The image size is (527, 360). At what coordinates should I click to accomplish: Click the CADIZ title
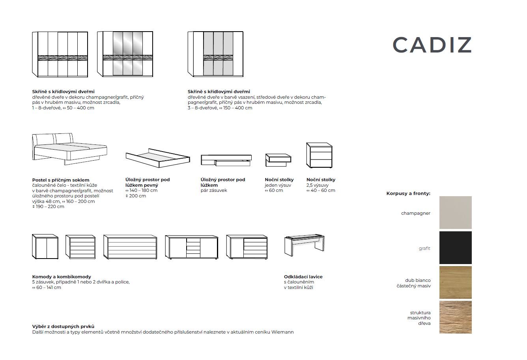coord(432,45)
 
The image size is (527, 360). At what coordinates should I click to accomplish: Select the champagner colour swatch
coord(456,212)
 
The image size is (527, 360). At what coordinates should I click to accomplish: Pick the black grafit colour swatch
coord(456,247)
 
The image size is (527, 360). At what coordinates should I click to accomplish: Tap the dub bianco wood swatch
coord(456,283)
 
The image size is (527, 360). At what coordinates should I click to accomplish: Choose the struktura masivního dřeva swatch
coord(456,317)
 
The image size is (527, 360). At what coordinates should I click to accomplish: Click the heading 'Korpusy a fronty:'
coord(408,193)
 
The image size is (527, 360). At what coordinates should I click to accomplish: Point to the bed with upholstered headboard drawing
coord(70,149)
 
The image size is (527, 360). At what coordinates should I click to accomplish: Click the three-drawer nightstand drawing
coord(319,155)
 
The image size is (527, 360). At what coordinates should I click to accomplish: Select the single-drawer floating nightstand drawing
coord(278,160)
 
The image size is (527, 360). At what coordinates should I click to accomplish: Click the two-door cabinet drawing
coord(45,247)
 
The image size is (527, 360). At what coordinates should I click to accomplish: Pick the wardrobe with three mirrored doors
coord(125,54)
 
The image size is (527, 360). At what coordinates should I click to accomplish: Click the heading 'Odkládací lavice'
coord(303,277)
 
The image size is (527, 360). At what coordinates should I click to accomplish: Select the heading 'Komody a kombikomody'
coord(62,277)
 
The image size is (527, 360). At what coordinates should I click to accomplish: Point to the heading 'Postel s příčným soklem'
coord(61,180)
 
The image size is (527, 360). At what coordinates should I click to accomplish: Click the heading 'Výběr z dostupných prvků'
coord(63,326)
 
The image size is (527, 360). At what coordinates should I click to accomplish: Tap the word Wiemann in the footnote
coord(282,332)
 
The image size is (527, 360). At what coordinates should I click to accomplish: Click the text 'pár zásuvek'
coord(214,191)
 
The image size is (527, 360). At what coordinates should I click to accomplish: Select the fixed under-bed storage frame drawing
coord(158,158)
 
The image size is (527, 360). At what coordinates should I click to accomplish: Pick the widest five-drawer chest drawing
coord(130,247)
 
